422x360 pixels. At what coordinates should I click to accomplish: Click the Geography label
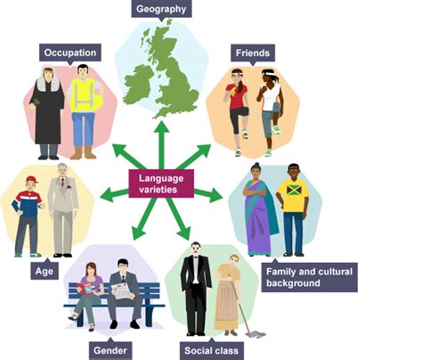tap(161, 9)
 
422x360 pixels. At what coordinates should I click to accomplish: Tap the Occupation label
tap(70, 53)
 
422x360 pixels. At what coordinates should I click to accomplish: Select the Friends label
tap(253, 53)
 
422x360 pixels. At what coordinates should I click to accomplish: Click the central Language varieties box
tap(161, 184)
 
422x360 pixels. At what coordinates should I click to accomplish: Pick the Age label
tap(45, 271)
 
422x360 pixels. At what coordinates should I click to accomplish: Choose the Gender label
tap(110, 351)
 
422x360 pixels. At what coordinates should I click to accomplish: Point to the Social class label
tap(211, 351)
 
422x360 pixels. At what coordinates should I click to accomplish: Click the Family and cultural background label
tap(309, 277)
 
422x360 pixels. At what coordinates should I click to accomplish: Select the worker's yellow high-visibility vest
tap(84, 95)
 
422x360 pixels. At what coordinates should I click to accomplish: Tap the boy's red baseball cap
tap(32, 179)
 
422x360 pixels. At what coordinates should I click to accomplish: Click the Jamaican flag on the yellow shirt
tap(294, 190)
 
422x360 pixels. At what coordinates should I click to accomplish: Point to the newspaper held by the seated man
tap(122, 291)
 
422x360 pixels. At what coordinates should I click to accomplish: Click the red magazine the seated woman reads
tap(86, 289)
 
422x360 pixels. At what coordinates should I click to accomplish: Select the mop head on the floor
tap(256, 335)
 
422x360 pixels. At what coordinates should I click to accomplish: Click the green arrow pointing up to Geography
tap(162, 144)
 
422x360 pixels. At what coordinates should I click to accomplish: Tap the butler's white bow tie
tap(196, 257)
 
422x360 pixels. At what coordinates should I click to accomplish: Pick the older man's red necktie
tap(62, 182)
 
